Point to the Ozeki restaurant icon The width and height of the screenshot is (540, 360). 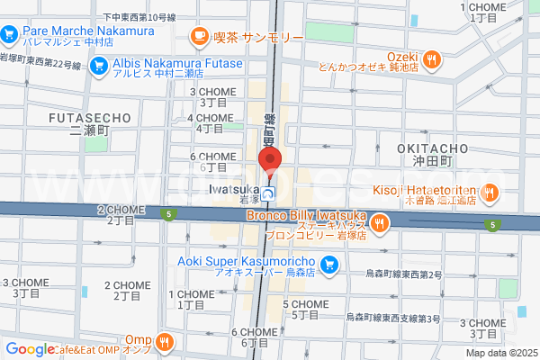point(432,59)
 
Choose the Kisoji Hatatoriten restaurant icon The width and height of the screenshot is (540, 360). point(490,191)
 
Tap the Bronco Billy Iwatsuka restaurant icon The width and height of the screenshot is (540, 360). point(381,222)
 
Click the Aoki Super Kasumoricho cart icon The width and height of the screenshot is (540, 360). point(329,264)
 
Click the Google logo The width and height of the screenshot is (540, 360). point(30,349)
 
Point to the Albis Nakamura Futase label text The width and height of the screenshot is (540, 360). point(177,63)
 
